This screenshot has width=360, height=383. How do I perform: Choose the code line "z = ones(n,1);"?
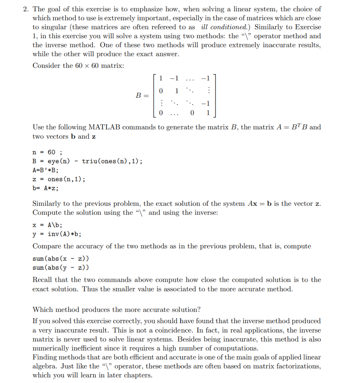[59, 179]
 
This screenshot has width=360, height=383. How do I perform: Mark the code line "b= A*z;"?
[45, 188]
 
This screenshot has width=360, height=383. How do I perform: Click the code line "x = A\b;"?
[47, 225]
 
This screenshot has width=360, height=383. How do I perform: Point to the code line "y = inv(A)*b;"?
[57, 234]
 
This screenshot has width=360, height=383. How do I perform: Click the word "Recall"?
[42, 280]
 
